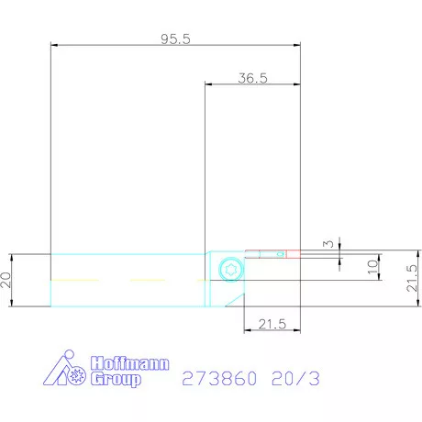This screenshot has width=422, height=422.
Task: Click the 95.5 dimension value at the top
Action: pos(174,39)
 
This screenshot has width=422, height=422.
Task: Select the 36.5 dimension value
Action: pos(251,79)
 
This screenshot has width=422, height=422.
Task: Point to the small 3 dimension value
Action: pos(328,244)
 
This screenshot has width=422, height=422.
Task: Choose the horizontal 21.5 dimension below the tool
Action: pos(272,325)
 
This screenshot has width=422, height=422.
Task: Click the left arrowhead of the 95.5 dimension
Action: pos(53,44)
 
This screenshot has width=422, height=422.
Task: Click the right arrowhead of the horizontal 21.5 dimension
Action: pos(298,330)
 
